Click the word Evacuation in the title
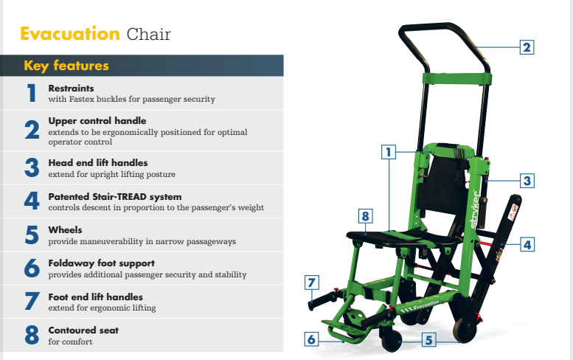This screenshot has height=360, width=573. (x=69, y=34)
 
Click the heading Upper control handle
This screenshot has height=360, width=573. (x=97, y=120)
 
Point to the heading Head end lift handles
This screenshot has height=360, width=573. (x=98, y=162)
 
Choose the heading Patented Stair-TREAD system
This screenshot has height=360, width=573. (x=114, y=197)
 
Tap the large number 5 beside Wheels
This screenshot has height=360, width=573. (x=32, y=235)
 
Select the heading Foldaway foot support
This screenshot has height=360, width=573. (x=101, y=263)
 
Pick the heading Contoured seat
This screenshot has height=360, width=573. (x=83, y=330)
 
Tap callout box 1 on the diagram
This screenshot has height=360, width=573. (x=389, y=153)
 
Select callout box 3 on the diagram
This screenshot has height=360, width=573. (x=526, y=180)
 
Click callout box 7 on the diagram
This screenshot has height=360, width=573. (x=312, y=282)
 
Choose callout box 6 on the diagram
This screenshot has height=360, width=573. (x=311, y=339)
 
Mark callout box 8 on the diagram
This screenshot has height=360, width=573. (x=364, y=217)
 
